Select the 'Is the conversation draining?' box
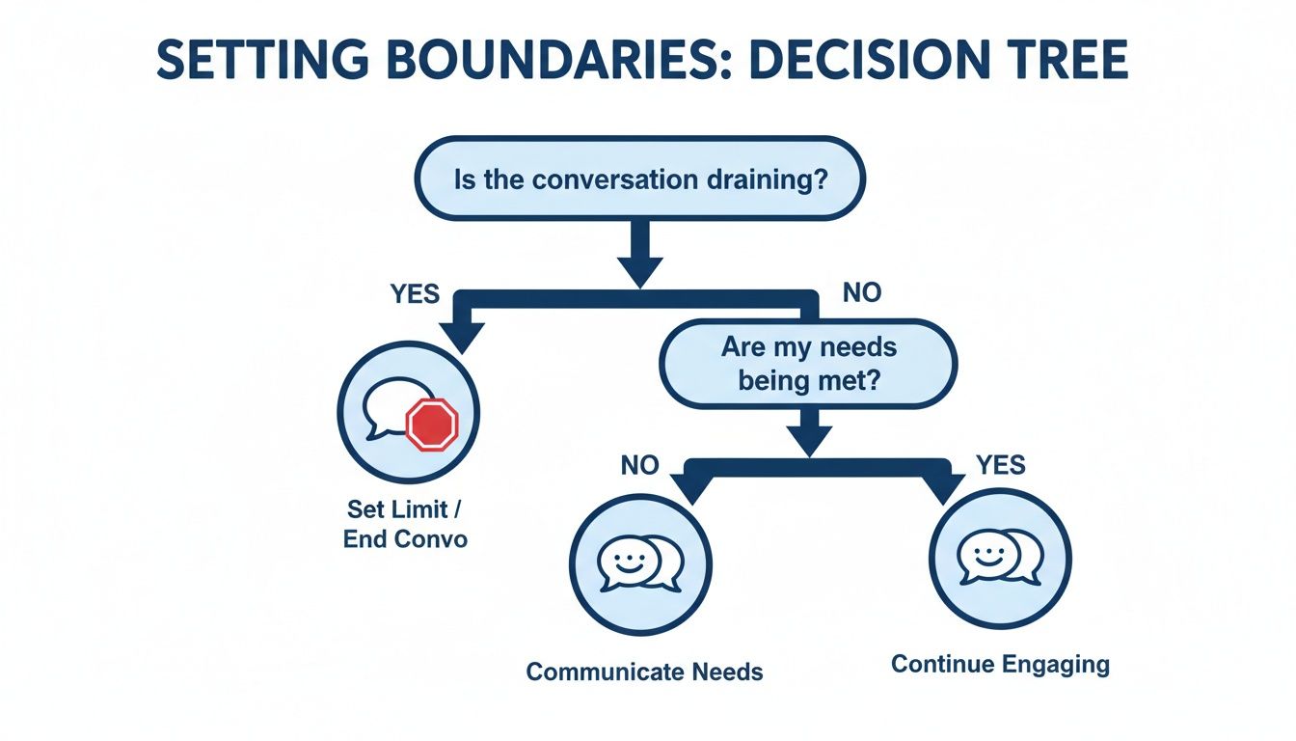pos(639,180)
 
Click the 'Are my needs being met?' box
pos(808,363)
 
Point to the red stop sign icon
pos(430,425)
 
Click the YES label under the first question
pos(416,293)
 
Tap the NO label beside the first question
pos(861,293)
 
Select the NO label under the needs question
pos(638,466)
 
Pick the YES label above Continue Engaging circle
pos(1000,466)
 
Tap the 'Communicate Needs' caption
pos(644,672)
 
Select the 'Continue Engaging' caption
pos(1000,664)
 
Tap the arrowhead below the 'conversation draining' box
pos(639,269)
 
